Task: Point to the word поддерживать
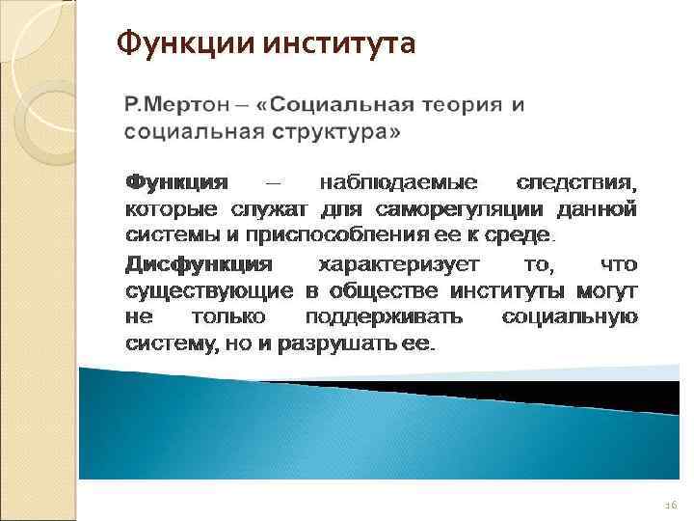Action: pos(383,316)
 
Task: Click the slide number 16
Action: pos(671,504)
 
